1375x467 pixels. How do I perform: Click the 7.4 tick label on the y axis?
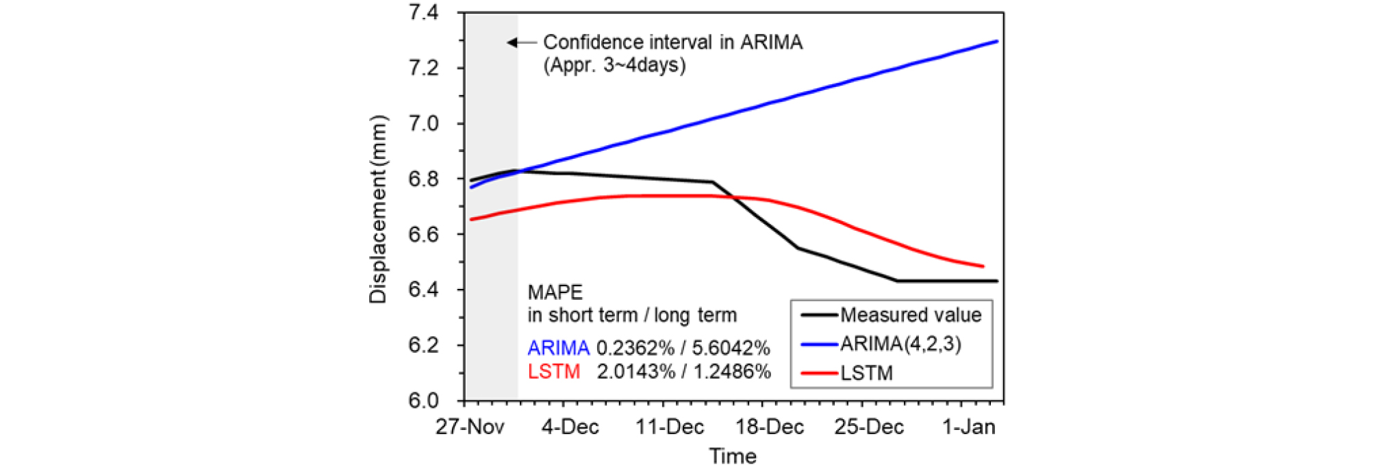pos(423,13)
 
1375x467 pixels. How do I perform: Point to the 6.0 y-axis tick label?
pos(423,401)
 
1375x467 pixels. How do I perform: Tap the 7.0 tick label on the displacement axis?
pos(423,124)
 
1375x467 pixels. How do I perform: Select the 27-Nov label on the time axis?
pos(470,427)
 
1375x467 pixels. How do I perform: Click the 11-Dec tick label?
pos(669,427)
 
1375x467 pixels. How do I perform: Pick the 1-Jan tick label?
pos(968,427)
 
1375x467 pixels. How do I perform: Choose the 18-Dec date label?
pos(769,427)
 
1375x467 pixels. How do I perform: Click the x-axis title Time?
pos(733,456)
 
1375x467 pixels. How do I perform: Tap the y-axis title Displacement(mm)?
pos(378,209)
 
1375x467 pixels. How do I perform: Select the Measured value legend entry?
pos(910,315)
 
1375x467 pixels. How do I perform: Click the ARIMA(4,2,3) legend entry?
pos(900,344)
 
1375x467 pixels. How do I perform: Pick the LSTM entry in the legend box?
pos(866,373)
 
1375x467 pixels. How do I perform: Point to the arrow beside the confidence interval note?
pos(520,42)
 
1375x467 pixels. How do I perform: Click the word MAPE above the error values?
pos(555,292)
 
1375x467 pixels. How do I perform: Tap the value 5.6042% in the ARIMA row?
pos(731,348)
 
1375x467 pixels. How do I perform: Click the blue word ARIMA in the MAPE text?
pos(558,348)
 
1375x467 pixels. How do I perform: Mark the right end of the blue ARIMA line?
pos(997,41)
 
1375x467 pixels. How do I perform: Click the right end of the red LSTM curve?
pos(983,266)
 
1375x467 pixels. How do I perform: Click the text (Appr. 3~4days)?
pos(614,66)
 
